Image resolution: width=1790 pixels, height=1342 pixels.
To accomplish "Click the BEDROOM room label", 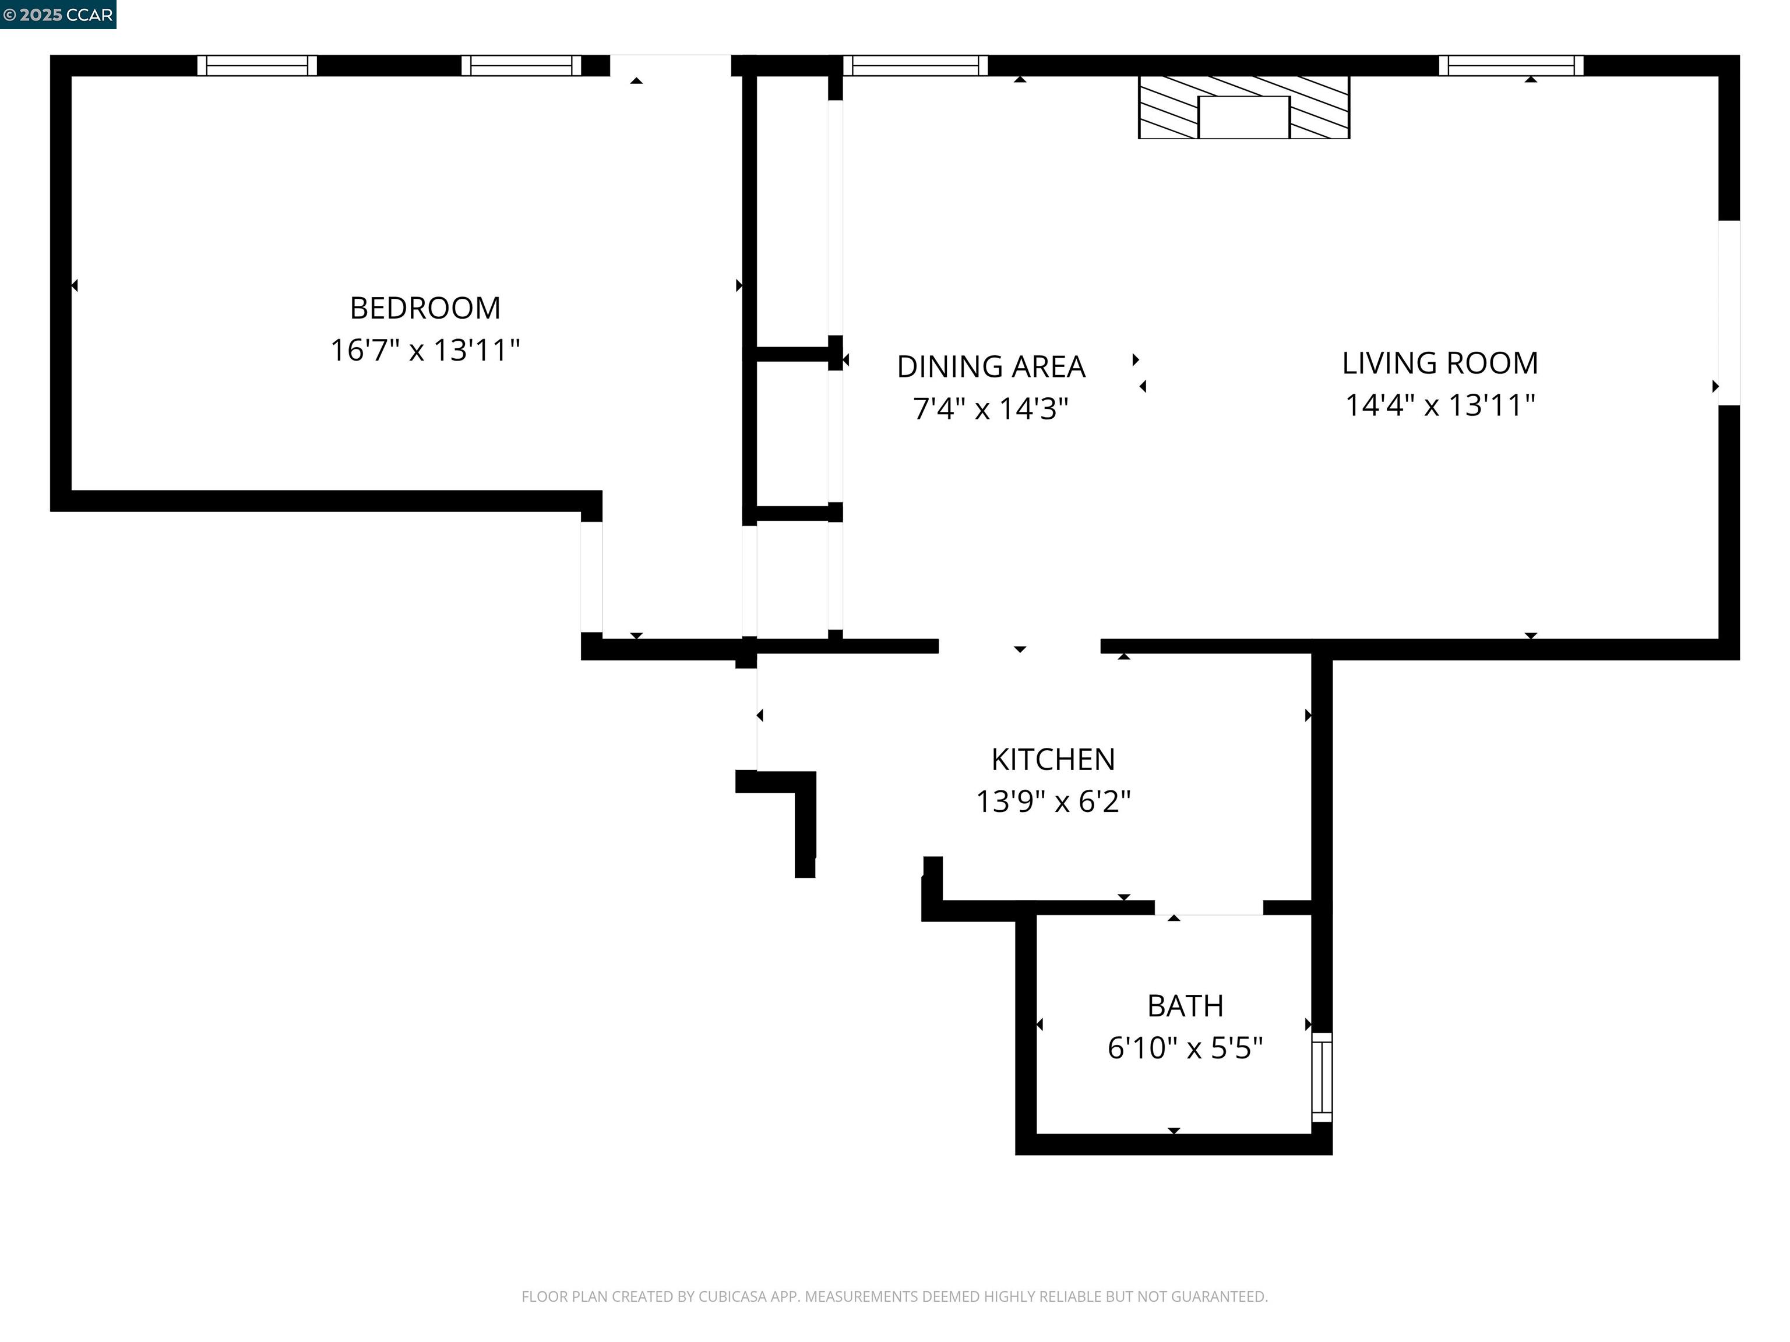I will point(425,308).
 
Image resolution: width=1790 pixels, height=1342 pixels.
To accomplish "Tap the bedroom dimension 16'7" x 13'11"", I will point(425,350).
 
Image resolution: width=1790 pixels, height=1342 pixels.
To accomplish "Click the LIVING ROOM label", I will point(1440,363).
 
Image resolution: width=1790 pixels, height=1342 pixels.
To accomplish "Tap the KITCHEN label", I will point(1053,760).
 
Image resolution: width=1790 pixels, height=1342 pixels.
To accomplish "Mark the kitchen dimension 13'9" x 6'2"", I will point(1053,801).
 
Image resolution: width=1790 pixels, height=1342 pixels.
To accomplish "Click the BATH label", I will point(1185,1006).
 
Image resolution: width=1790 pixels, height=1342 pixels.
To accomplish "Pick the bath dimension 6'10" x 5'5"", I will point(1185,1048).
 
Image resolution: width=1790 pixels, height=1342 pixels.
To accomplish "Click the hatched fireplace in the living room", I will point(1244,108).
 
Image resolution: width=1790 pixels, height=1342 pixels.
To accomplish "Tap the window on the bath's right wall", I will point(1321,1076).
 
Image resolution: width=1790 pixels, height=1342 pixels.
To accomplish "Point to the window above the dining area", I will point(915,65).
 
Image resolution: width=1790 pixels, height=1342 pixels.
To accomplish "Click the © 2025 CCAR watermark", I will point(58,15).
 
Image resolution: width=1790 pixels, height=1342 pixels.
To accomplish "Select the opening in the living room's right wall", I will point(1728,313).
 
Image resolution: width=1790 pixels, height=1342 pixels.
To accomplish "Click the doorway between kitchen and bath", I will point(1208,907).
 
